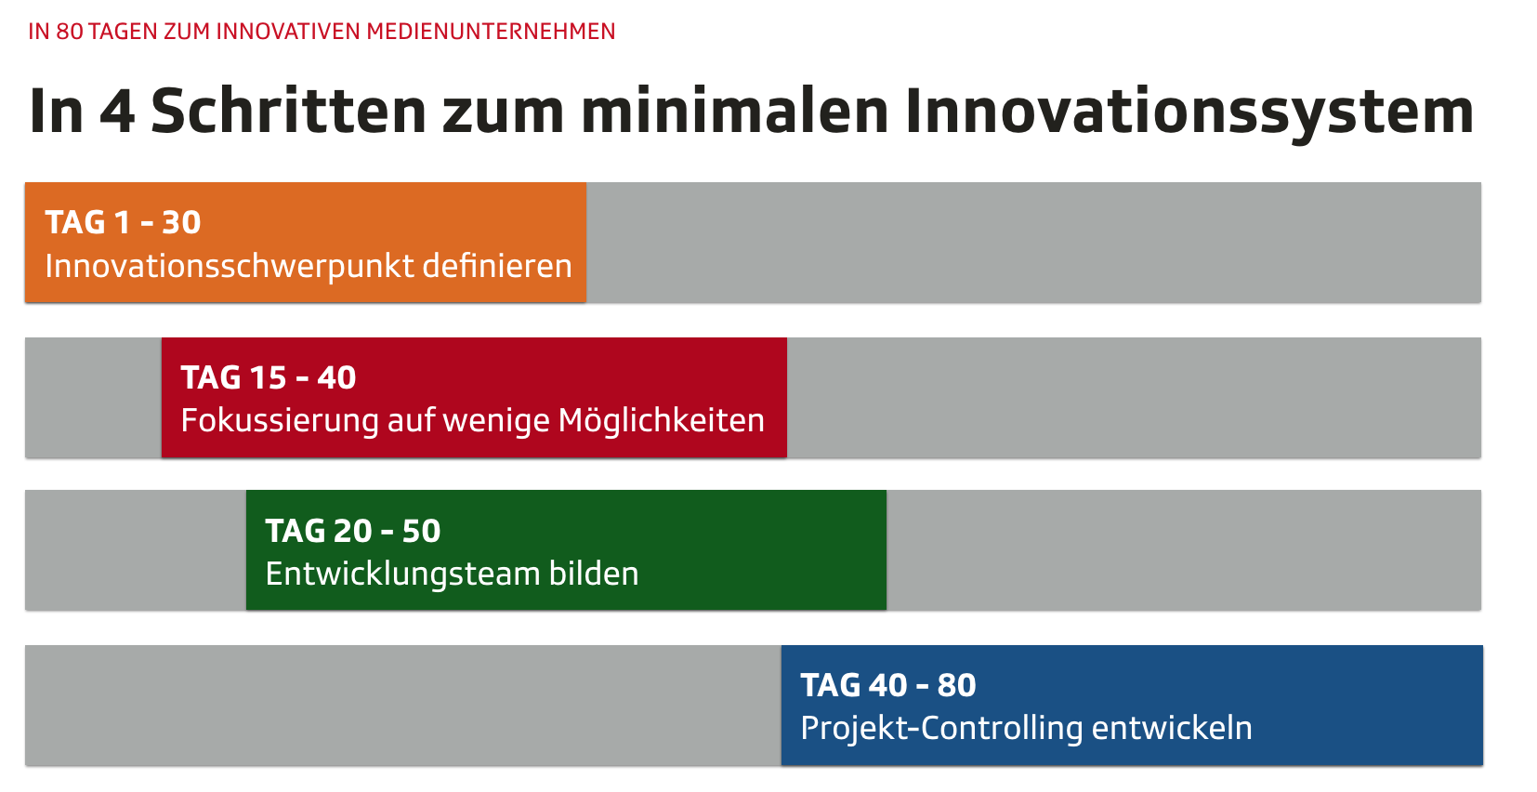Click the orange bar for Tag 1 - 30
point(306,243)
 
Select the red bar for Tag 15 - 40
point(474,397)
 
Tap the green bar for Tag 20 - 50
point(566,549)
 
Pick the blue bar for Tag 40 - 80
point(1132,705)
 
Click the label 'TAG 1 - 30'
point(123,222)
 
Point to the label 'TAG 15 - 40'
point(269,377)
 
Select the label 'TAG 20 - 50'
point(353,531)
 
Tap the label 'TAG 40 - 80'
point(887,685)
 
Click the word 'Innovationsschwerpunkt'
point(230,267)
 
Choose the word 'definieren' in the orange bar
point(497,266)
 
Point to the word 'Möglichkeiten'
point(662,420)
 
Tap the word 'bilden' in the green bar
point(594,573)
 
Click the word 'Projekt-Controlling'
point(941,729)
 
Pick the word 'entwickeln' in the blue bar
point(1172,728)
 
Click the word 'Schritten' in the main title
point(289,112)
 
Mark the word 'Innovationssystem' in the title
point(1189,114)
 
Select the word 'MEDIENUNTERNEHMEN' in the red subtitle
point(491,32)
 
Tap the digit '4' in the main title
point(117,112)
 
